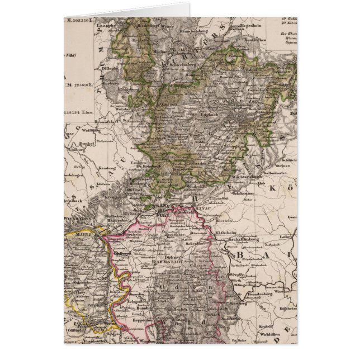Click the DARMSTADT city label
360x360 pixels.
point(166,260)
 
